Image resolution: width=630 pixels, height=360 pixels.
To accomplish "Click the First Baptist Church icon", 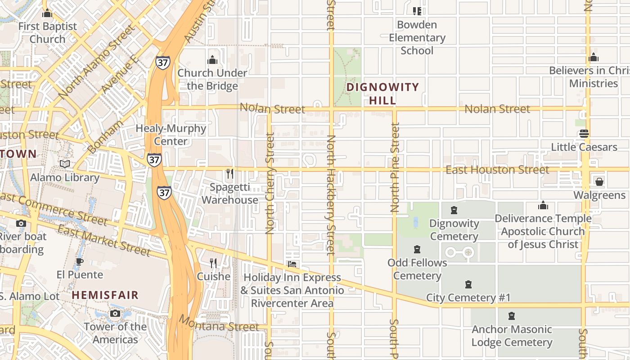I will [47, 13].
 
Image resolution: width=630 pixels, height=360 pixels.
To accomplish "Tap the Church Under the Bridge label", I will [212, 79].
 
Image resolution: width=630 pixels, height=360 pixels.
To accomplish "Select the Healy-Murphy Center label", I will [171, 135].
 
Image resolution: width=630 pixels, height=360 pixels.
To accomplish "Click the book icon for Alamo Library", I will [65, 164].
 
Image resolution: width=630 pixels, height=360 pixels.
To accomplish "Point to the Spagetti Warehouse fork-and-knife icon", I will [230, 174].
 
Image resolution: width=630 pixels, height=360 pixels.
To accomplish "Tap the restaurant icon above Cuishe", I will [213, 263].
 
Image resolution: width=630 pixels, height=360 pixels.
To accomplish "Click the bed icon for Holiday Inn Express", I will [292, 264].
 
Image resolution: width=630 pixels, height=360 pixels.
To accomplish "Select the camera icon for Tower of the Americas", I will [115, 313].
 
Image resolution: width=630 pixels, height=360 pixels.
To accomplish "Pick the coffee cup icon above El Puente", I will [80, 261].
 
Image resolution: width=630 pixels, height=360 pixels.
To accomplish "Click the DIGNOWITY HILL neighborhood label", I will [382, 94].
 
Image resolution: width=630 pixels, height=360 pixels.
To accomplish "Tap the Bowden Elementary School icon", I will [417, 11].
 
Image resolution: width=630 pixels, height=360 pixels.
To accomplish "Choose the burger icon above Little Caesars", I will [584, 134].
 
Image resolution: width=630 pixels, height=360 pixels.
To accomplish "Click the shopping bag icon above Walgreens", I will [599, 182].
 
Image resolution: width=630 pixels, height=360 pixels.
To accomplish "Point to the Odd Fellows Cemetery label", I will [417, 269].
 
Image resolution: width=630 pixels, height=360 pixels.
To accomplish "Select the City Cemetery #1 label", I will [468, 297].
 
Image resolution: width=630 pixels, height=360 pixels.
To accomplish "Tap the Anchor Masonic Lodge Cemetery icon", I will [512, 316].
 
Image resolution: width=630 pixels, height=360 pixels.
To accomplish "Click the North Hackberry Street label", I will [331, 194].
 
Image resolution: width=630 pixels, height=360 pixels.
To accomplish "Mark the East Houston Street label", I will [497, 170].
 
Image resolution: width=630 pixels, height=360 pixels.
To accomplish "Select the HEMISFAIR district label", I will [105, 295].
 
